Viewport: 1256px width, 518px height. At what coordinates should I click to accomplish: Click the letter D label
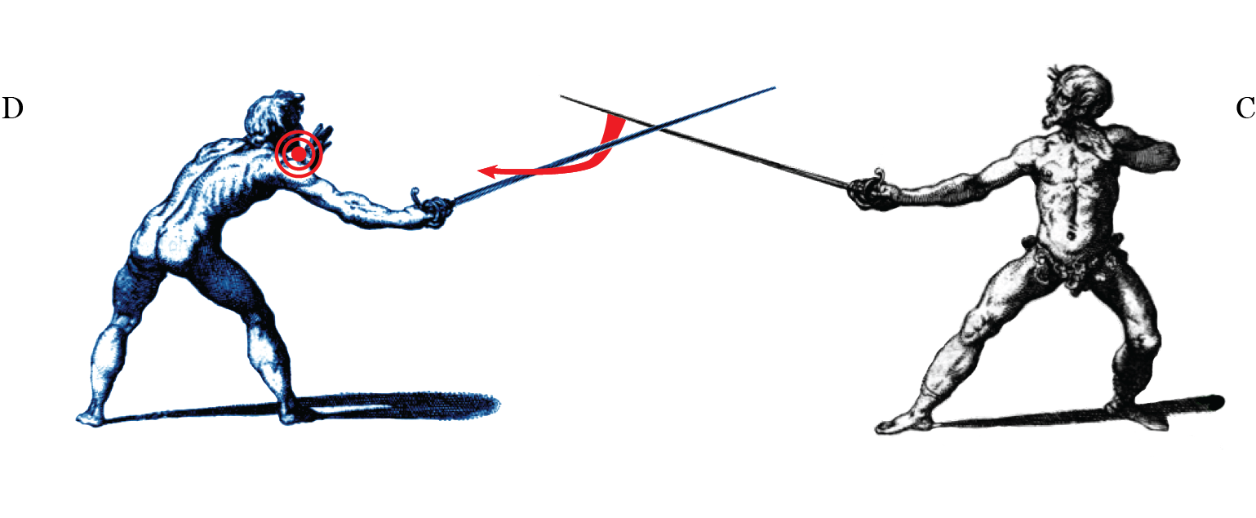point(11,108)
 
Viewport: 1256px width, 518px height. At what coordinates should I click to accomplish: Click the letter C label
point(1245,108)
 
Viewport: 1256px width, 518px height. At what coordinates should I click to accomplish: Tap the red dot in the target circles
point(300,153)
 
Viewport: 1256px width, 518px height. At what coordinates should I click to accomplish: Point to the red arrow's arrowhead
point(487,171)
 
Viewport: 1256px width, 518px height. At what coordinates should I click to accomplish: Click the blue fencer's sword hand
point(437,210)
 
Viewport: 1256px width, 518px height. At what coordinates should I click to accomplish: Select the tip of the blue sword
point(773,86)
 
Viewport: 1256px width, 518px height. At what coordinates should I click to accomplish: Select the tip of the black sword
point(561,96)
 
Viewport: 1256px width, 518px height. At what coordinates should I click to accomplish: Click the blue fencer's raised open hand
point(323,135)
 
